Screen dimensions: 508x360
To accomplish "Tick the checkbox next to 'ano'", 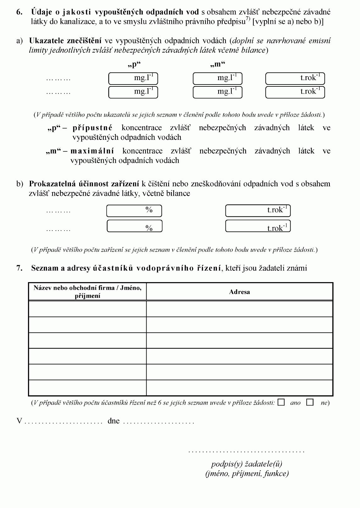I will tap(281, 402).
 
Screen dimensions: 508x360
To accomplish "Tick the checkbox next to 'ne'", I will tap(310, 402).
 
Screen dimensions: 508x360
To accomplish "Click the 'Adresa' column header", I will tap(239, 292).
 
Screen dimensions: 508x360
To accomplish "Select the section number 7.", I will tap(19, 268).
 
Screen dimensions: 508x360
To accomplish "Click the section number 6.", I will tap(19, 12).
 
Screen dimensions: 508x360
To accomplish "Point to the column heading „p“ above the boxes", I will tap(134, 64).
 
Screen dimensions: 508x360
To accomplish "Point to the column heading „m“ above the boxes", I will tap(218, 64).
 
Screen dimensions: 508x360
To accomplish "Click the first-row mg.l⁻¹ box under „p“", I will tap(133, 78).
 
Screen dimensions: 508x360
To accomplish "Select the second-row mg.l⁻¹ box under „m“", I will tap(217, 92).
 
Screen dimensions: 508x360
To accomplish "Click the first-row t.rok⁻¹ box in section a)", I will tap(295, 78).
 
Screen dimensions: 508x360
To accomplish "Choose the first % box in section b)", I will tap(134, 211).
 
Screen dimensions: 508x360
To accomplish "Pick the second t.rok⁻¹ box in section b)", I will tap(258, 226).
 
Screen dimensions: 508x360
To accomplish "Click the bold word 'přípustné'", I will tap(92, 128).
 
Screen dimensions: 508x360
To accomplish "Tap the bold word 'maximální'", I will tap(92, 151).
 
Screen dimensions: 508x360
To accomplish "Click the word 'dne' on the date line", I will tap(114, 421).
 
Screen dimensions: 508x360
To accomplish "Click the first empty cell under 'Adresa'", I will tap(239, 309).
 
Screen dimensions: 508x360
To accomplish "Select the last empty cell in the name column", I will tap(87, 387).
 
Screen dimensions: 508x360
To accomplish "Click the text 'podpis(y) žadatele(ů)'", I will tap(246, 464).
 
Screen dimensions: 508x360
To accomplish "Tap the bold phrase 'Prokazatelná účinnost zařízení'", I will tap(84, 184).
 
